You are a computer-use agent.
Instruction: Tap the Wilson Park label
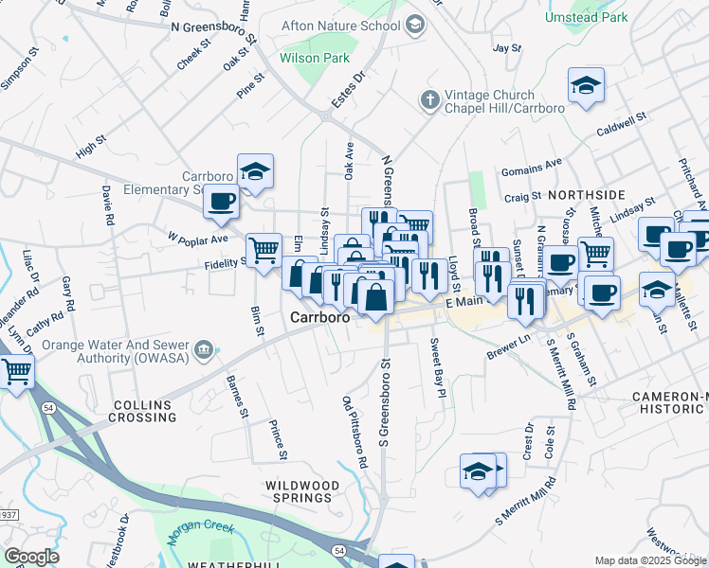pyautogui.click(x=316, y=58)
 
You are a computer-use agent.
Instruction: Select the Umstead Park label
pyautogui.click(x=588, y=18)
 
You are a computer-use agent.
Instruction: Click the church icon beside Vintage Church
pyautogui.click(x=430, y=99)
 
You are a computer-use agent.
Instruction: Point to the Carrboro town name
pyautogui.click(x=320, y=318)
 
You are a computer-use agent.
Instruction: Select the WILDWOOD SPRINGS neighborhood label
pyautogui.click(x=301, y=493)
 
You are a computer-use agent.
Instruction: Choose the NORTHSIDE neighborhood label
pyautogui.click(x=586, y=194)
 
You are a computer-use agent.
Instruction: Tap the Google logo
pyautogui.click(x=31, y=556)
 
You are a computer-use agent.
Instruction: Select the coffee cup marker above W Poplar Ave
pyautogui.click(x=221, y=202)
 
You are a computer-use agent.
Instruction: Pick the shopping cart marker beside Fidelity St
pyautogui.click(x=264, y=251)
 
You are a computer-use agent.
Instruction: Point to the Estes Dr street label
pyautogui.click(x=347, y=90)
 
